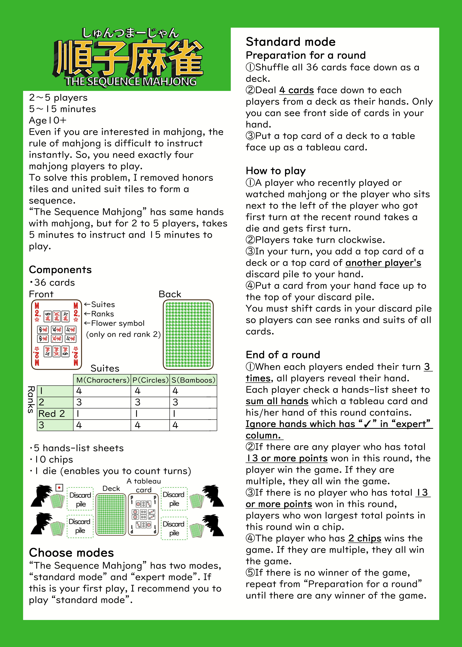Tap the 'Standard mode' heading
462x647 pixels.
(x=291, y=42)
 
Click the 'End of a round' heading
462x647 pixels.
(x=283, y=355)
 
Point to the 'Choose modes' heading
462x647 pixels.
(x=71, y=553)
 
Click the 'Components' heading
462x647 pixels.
(x=60, y=270)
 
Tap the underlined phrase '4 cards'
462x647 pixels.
(x=296, y=90)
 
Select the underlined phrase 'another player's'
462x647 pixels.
(x=383, y=263)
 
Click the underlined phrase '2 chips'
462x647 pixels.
(x=365, y=538)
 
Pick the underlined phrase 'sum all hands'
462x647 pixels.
(x=277, y=401)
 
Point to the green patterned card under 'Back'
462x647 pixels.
(x=188, y=335)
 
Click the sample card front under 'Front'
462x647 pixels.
(x=56, y=335)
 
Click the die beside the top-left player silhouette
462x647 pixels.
(x=59, y=488)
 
